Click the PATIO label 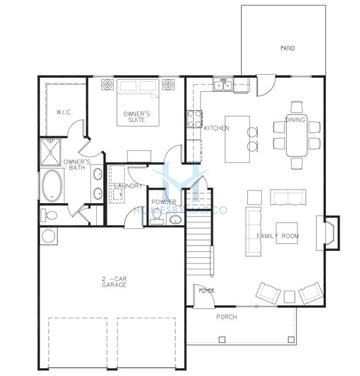click(287, 46)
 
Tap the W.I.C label click(62, 112)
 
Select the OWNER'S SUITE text click(137, 117)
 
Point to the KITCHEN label click(217, 128)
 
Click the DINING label click(296, 119)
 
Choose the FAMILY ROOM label click(278, 235)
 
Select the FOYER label click(207, 291)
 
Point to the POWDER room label click(164, 203)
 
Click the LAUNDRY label click(127, 186)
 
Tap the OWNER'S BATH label click(77, 165)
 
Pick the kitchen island click(240, 151)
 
